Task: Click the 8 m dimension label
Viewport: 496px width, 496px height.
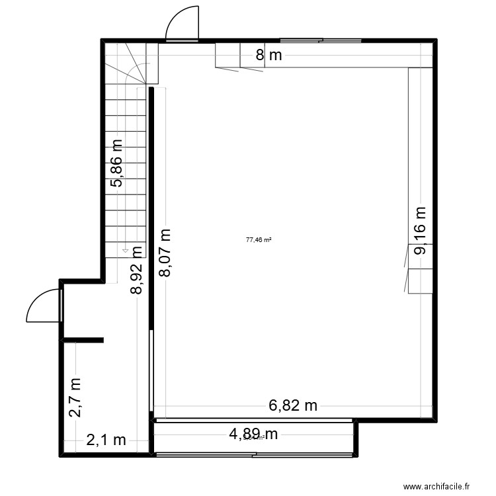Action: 269,56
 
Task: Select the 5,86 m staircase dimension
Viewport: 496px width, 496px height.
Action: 117,164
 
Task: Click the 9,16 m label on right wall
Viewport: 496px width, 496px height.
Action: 421,230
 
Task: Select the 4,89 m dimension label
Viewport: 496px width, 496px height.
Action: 253,434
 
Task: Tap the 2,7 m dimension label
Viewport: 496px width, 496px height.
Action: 76,397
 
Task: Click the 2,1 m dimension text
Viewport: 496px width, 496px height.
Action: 106,440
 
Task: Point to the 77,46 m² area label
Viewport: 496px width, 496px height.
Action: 259,241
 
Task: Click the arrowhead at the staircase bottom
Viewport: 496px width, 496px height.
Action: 125,252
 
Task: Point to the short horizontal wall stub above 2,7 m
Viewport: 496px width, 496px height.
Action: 82,341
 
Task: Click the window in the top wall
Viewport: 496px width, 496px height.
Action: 321,41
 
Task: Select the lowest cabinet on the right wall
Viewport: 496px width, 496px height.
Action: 420,281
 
